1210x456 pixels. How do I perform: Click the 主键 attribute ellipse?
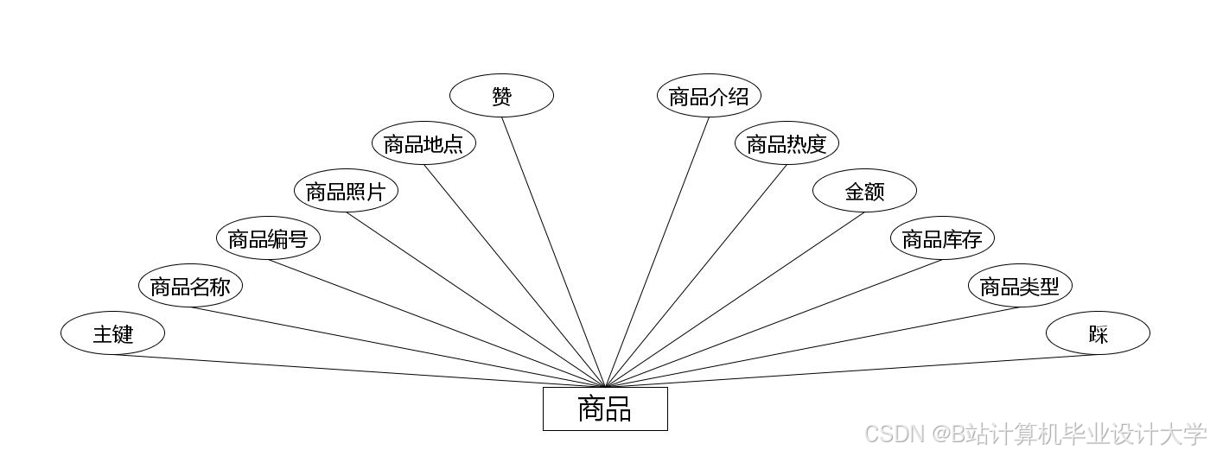click(x=112, y=333)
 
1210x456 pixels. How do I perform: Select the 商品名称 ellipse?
click(x=190, y=286)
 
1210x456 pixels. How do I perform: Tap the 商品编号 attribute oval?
click(x=268, y=238)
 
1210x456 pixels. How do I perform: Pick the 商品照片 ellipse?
click(x=346, y=191)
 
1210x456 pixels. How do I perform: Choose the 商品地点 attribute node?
click(x=423, y=143)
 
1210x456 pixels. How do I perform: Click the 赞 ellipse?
click(x=501, y=96)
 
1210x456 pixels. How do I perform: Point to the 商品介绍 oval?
click(x=709, y=96)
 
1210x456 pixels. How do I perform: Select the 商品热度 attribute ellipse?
click(x=786, y=143)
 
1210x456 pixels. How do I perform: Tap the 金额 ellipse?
click(x=864, y=191)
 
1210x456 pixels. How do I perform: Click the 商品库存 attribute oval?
click(x=942, y=238)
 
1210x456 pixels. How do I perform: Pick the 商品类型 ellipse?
click(x=1020, y=286)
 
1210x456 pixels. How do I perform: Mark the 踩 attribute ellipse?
click(x=1098, y=333)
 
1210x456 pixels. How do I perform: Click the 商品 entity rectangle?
click(x=605, y=408)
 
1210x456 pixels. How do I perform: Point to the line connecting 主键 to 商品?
click(x=359, y=370)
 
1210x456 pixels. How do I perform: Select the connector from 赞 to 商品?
click(x=553, y=251)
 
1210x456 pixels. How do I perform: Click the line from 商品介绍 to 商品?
click(x=657, y=251)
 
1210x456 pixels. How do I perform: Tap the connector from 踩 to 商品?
click(x=851, y=370)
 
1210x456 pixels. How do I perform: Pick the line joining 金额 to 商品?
click(x=735, y=300)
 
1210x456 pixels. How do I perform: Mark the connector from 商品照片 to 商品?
click(x=475, y=300)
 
